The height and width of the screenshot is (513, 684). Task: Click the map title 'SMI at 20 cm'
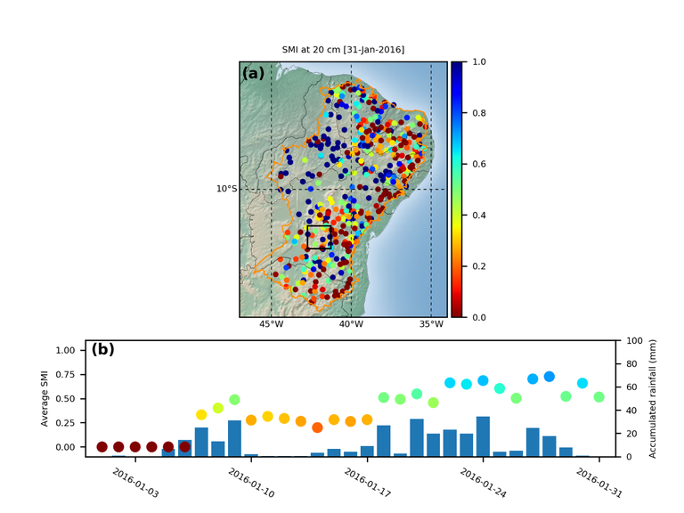(x=343, y=50)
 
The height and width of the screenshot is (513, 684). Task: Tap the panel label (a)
(x=253, y=74)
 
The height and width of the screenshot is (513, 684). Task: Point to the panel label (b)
(x=103, y=350)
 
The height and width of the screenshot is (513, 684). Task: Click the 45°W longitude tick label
(x=271, y=325)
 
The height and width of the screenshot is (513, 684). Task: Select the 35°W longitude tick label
(x=431, y=325)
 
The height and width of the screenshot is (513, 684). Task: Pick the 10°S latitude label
(x=226, y=189)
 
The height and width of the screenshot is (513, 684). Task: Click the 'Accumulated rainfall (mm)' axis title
(x=652, y=398)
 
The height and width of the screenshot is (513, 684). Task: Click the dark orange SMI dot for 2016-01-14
(x=317, y=427)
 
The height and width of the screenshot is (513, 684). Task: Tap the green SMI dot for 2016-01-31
(x=599, y=397)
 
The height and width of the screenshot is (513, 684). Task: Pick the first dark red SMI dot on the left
(x=102, y=447)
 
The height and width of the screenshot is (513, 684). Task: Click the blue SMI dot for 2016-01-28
(x=550, y=377)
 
